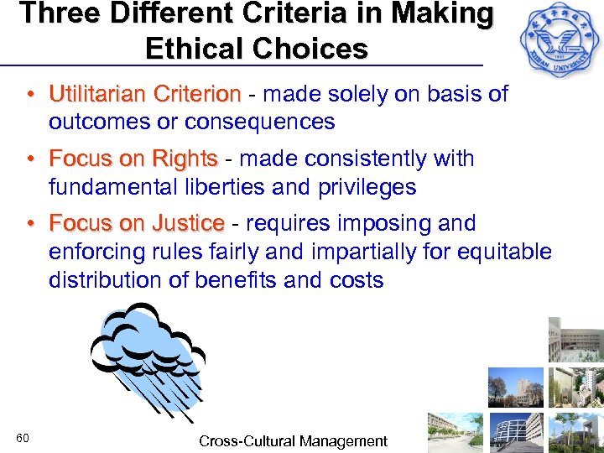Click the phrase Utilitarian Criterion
(x=144, y=94)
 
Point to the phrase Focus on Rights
(x=133, y=159)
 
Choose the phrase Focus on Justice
(x=137, y=224)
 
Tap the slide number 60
(x=23, y=439)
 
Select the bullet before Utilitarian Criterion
(x=29, y=94)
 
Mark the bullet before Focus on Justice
(x=29, y=224)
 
